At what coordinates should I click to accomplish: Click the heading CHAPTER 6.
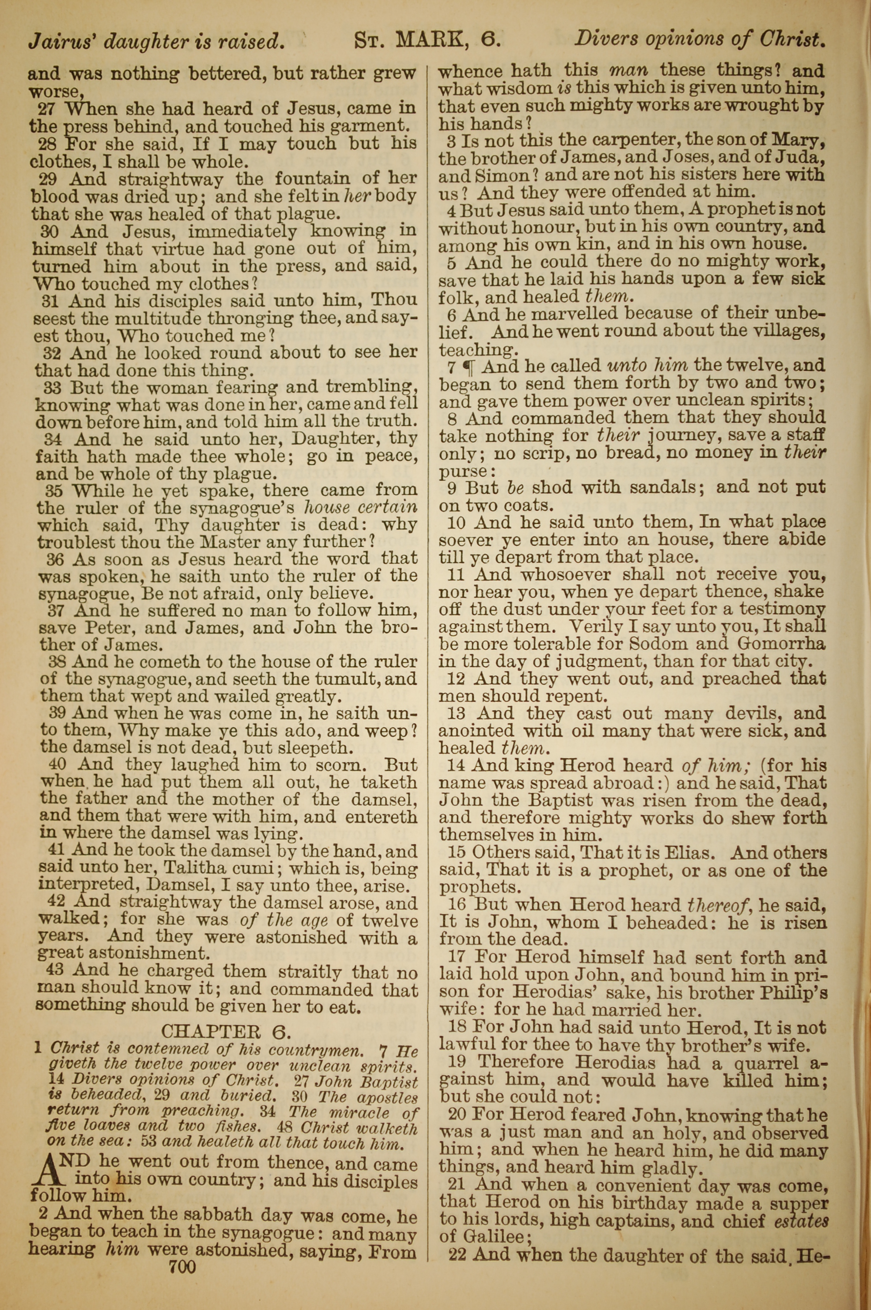[226, 1031]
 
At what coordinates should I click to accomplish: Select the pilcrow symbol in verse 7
[472, 367]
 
